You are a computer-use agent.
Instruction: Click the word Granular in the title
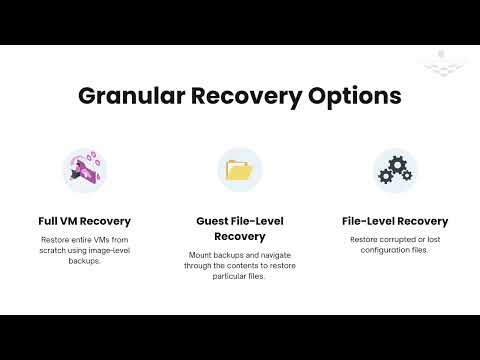click(129, 98)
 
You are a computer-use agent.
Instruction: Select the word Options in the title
click(357, 98)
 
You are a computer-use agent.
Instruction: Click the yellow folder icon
click(240, 170)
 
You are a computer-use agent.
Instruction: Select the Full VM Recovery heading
click(85, 221)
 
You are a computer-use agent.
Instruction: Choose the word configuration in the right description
click(384, 250)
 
